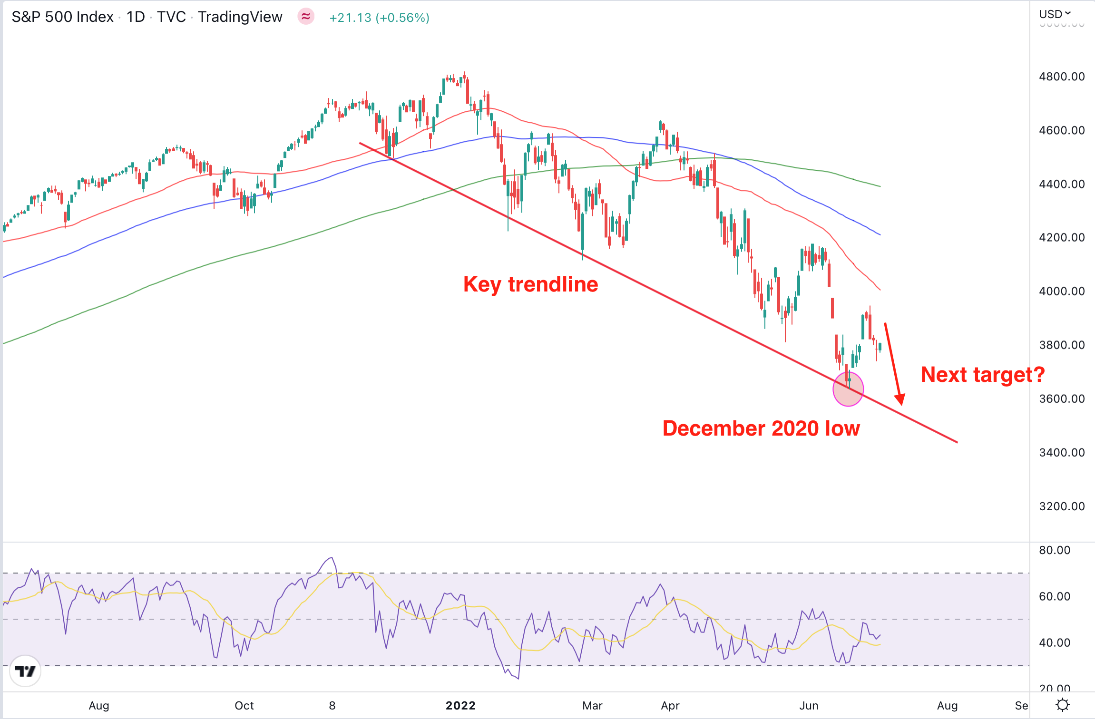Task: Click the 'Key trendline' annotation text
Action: tap(530, 284)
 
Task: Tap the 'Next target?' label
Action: tap(982, 375)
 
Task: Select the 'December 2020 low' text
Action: tap(761, 428)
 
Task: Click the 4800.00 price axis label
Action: tap(1062, 77)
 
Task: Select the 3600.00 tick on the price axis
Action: tap(1062, 398)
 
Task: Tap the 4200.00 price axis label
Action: tap(1062, 237)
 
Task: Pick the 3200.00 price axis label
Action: tap(1062, 506)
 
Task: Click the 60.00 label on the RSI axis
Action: tap(1055, 596)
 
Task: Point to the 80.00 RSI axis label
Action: tap(1055, 550)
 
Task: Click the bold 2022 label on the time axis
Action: tap(460, 706)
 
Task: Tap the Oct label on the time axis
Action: tap(244, 706)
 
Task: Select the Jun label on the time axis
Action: tap(809, 706)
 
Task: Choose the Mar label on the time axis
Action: tap(592, 706)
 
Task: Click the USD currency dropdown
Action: tap(1054, 14)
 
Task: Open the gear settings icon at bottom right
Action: tap(1063, 705)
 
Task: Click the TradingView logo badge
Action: tap(25, 671)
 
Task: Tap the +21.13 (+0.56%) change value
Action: tap(379, 18)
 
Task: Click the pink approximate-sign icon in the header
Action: tap(306, 17)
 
